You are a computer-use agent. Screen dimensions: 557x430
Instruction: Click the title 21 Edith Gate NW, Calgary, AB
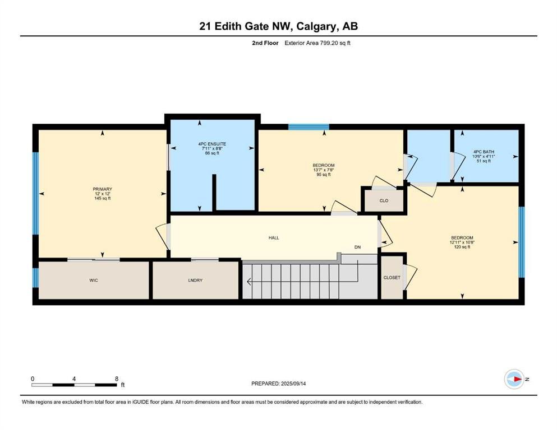(278, 26)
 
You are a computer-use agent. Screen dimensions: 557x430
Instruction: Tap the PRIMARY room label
(102, 189)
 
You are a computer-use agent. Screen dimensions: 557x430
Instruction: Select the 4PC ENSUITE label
(212, 144)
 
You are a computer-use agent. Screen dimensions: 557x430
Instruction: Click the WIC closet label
(94, 281)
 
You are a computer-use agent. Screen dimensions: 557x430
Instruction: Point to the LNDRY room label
(195, 281)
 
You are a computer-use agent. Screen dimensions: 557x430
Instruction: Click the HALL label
(274, 238)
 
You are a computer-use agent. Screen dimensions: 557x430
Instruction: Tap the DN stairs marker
(357, 247)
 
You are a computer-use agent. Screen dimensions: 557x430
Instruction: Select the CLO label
(384, 200)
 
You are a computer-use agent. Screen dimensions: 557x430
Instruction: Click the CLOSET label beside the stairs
(392, 278)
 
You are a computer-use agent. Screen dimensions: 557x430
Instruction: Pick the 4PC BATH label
(484, 152)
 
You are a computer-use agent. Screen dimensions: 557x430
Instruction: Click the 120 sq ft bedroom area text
(462, 247)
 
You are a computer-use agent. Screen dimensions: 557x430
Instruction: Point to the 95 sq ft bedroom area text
(324, 175)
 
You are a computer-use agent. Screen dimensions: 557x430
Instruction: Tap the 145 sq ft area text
(102, 199)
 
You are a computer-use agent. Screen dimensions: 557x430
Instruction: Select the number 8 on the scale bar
(117, 379)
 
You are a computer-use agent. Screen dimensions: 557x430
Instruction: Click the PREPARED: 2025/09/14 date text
(278, 384)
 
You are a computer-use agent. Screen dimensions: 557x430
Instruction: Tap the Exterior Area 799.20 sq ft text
(317, 43)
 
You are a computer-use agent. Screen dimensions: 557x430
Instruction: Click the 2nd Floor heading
(265, 43)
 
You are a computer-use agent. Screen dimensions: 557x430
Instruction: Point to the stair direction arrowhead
(249, 282)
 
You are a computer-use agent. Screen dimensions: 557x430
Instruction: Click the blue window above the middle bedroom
(309, 127)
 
